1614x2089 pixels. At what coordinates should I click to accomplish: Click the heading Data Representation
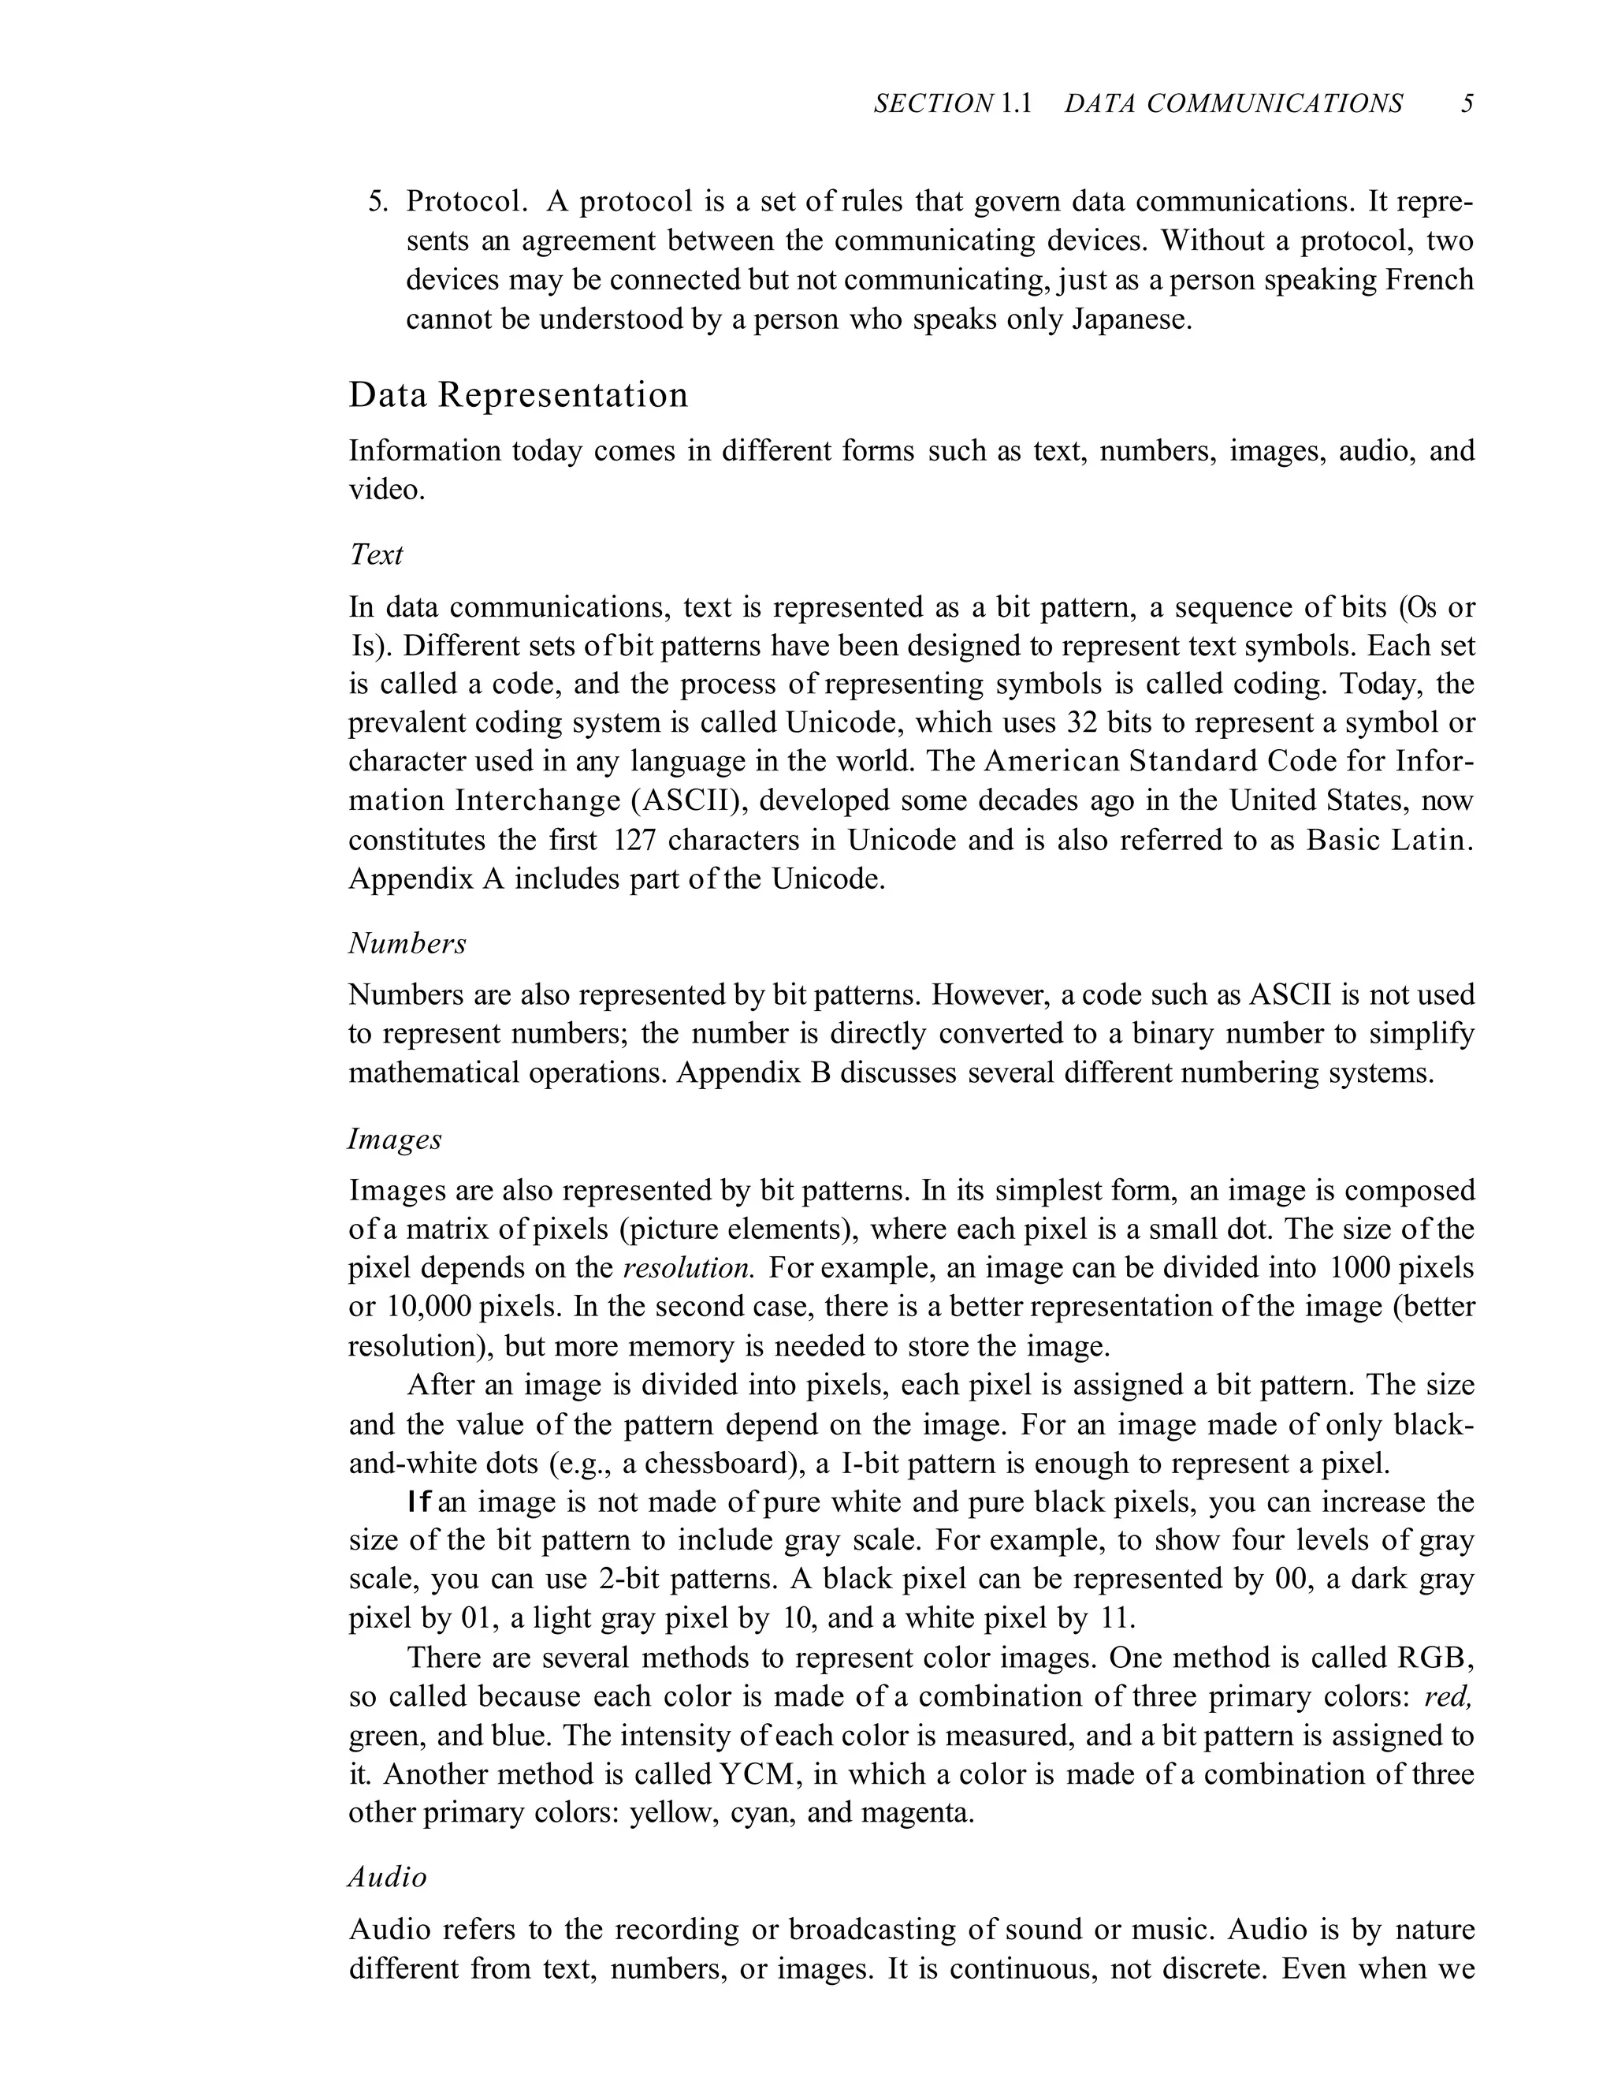[519, 395]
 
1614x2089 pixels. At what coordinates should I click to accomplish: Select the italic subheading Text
[376, 554]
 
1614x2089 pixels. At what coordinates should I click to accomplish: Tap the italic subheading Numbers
[407, 943]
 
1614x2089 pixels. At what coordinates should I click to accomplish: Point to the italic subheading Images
[395, 1140]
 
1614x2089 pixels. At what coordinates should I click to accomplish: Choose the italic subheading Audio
[387, 1878]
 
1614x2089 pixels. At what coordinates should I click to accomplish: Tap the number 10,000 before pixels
[430, 1307]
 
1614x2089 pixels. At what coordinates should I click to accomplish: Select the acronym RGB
[1434, 1658]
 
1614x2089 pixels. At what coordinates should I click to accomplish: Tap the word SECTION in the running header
[933, 103]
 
